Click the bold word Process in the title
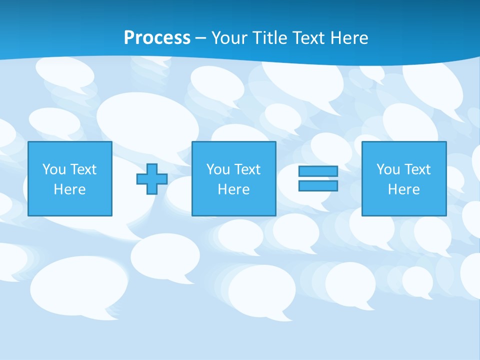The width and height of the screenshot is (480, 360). tap(157, 38)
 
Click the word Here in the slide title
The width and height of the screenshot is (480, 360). tap(351, 38)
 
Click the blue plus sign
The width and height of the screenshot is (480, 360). tap(152, 179)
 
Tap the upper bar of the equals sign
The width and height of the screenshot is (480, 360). tap(318, 171)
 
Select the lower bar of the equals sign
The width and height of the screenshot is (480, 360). tap(318, 185)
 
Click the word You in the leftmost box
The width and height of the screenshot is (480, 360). tap(54, 169)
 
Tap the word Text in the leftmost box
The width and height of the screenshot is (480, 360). tap(83, 169)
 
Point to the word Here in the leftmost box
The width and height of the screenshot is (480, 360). tap(70, 189)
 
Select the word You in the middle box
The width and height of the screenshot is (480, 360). tap(218, 169)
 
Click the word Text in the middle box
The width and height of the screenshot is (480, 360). tap(247, 169)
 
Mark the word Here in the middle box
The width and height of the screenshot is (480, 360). tap(234, 189)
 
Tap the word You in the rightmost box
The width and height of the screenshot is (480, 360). tap(388, 169)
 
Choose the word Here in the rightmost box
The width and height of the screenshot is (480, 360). tap(404, 189)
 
